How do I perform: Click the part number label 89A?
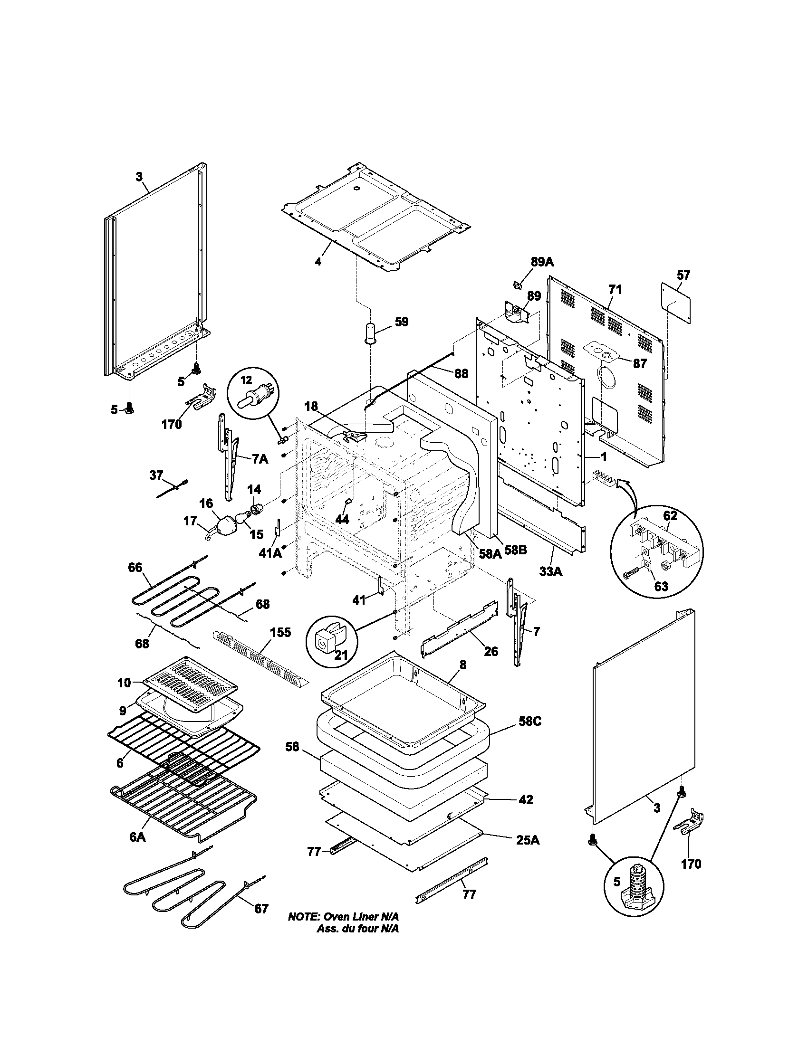[x=542, y=262]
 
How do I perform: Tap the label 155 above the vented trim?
[x=280, y=633]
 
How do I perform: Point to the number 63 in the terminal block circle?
[x=661, y=586]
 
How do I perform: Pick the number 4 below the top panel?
[x=318, y=262]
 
